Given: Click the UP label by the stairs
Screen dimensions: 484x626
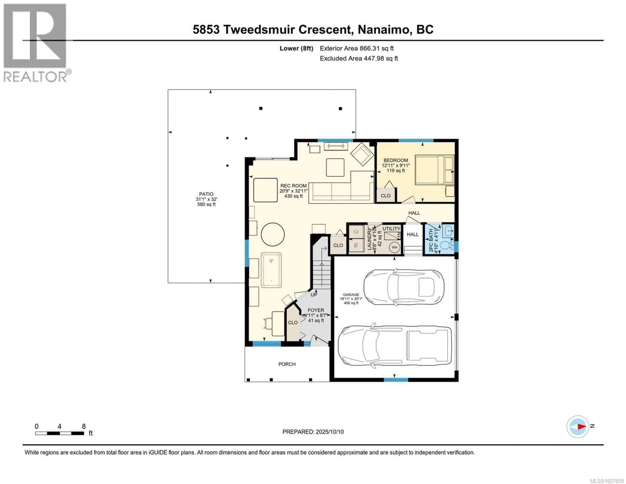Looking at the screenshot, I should [x=314, y=295].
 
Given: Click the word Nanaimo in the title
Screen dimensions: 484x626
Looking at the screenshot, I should [x=384, y=30].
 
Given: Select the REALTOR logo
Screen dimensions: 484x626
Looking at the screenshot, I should [x=35, y=43].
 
